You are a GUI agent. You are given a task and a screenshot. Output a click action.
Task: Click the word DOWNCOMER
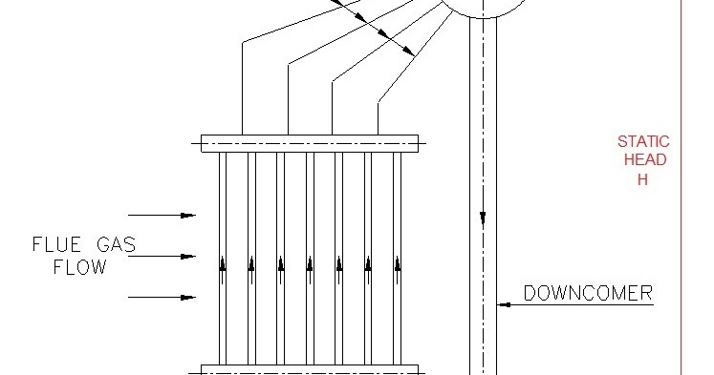[588, 293]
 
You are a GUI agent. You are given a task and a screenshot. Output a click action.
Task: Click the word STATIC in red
[643, 142]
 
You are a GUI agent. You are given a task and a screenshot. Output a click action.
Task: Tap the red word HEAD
[643, 160]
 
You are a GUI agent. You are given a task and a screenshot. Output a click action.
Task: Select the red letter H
[642, 178]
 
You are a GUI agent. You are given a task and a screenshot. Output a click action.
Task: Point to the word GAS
[115, 245]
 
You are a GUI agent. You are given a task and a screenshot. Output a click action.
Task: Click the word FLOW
[79, 268]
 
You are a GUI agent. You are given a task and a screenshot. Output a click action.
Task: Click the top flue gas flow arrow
[162, 215]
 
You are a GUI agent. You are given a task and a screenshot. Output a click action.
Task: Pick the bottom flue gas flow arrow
[162, 298]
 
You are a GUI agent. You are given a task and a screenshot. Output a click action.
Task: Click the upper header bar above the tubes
[310, 144]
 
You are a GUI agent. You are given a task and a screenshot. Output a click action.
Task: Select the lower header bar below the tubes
[310, 369]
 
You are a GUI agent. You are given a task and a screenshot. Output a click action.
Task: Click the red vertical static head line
[682, 239]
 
